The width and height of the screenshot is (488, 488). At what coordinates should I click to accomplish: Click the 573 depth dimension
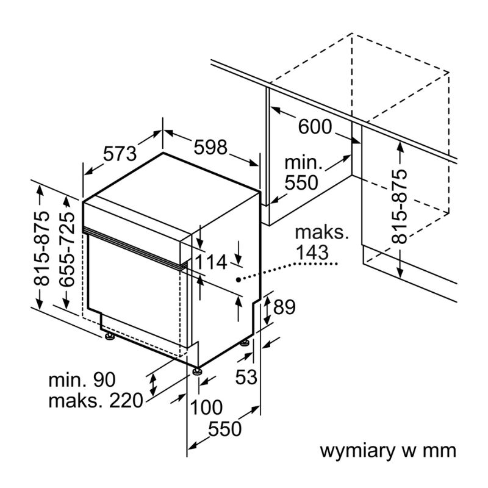click(120, 153)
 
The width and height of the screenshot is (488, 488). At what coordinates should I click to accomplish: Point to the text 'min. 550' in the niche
click(303, 173)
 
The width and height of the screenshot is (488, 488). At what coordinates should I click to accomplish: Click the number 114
click(212, 262)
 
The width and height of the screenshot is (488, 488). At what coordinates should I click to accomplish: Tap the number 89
click(284, 307)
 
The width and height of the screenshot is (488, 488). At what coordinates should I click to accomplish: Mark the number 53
click(247, 378)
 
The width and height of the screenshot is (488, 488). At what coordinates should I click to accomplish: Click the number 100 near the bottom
click(205, 407)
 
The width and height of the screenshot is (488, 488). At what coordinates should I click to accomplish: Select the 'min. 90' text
click(82, 380)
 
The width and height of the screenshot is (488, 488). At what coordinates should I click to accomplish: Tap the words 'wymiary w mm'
click(388, 451)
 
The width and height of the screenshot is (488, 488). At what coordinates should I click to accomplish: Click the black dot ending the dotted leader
click(238, 279)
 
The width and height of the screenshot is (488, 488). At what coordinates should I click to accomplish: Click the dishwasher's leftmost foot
click(109, 337)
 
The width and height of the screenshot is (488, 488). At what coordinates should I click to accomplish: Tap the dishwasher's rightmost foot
click(245, 343)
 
